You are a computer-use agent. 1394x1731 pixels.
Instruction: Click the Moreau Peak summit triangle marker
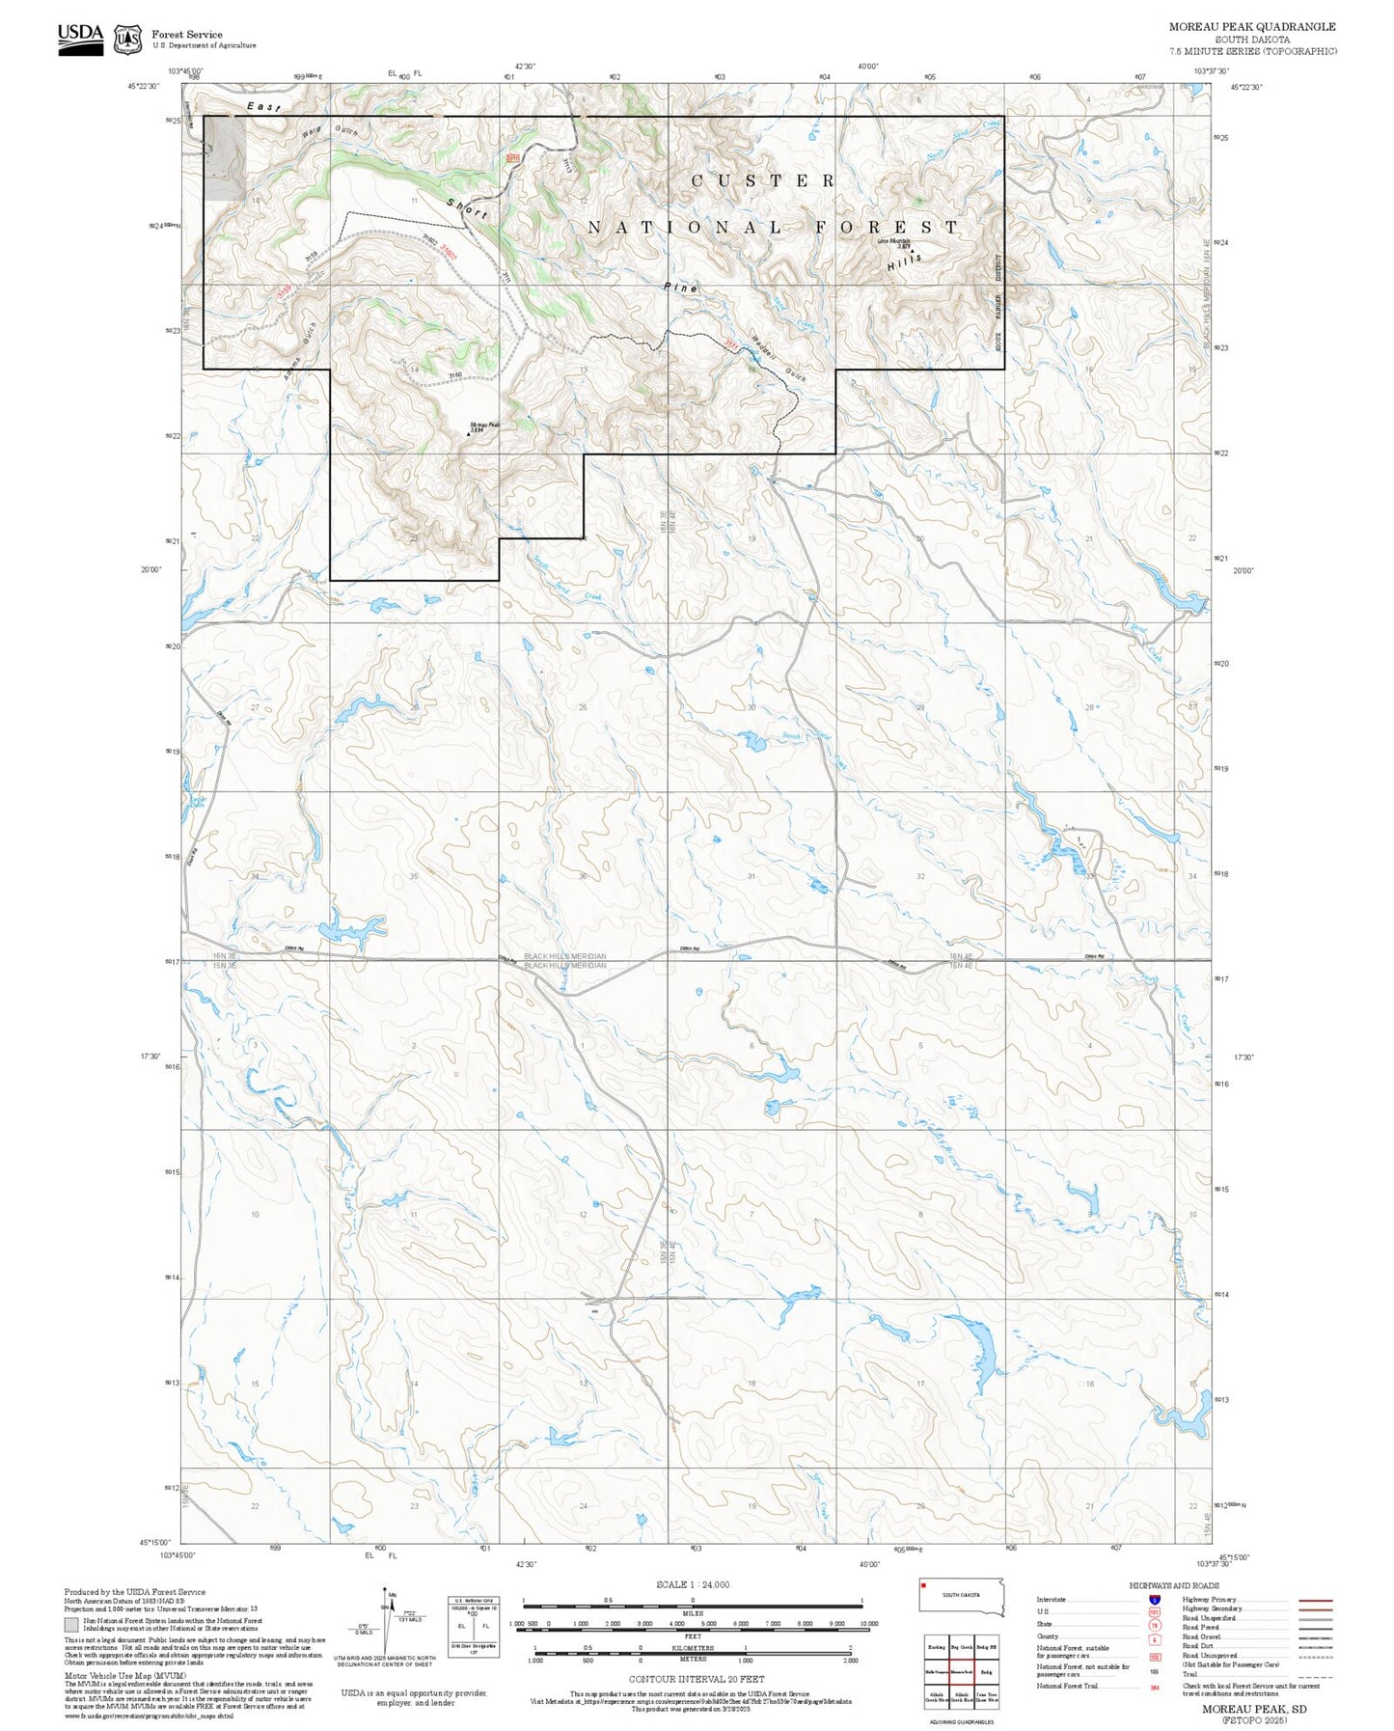pos(470,433)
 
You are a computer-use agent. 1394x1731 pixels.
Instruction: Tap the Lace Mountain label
pos(893,241)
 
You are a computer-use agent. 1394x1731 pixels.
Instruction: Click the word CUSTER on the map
pos(762,180)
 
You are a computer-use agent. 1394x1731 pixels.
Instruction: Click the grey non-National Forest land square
pos(226,159)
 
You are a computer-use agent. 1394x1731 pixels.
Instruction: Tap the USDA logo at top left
pos(80,39)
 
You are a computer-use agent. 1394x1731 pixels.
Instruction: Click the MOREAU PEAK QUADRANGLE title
pos(1252,27)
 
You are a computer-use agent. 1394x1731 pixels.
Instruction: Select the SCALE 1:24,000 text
pos(692,1584)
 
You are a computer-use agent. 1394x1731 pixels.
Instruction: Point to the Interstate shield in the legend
pos(1154,1600)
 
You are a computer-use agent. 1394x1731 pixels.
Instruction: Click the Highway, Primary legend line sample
pos(1315,1600)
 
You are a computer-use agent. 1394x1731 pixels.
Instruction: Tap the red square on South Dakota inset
pos(922,1583)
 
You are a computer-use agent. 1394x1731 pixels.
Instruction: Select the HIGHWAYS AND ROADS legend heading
pos(1173,1585)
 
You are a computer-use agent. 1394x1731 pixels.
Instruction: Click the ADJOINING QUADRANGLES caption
pos(960,1721)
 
